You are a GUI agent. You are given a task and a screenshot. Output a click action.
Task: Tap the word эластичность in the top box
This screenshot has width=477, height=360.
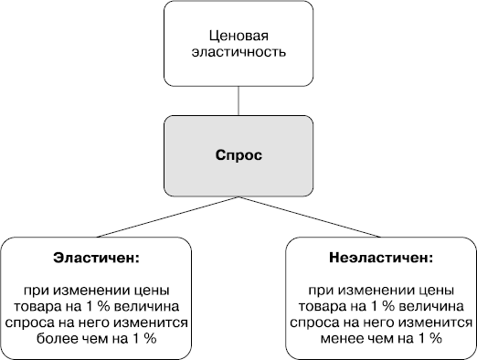238,52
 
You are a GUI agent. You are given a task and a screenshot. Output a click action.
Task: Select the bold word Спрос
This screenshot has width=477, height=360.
238,155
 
